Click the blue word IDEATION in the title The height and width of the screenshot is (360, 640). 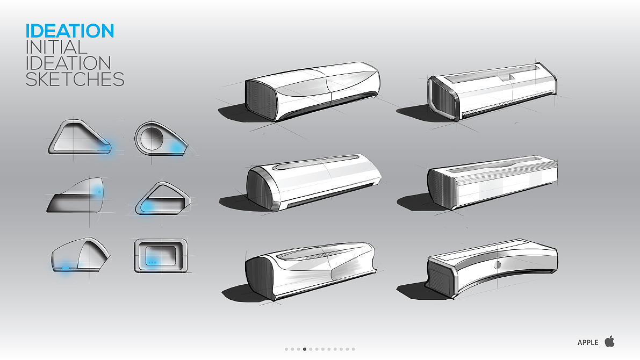(70, 31)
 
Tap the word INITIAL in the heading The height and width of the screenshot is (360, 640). (56, 47)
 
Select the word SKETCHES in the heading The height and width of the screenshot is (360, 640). (75, 79)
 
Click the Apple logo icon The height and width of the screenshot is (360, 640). (610, 341)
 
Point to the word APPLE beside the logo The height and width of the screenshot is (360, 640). (588, 342)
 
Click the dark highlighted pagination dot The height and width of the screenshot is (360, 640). (305, 349)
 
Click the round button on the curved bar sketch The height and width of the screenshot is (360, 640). (497, 265)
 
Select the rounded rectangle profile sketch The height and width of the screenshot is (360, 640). (161, 256)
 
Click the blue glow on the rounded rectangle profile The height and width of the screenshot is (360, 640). (152, 262)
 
